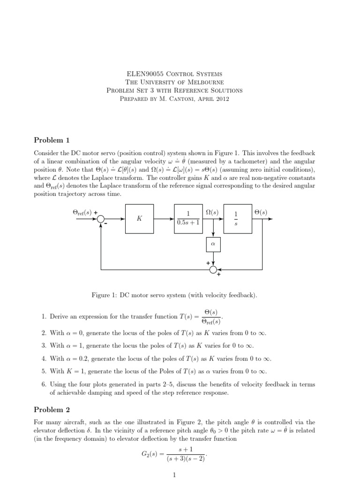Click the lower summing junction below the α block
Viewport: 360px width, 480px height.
[213, 270]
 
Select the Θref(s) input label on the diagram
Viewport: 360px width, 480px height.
[83, 212]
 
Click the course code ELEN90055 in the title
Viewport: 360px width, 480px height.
[144, 74]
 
